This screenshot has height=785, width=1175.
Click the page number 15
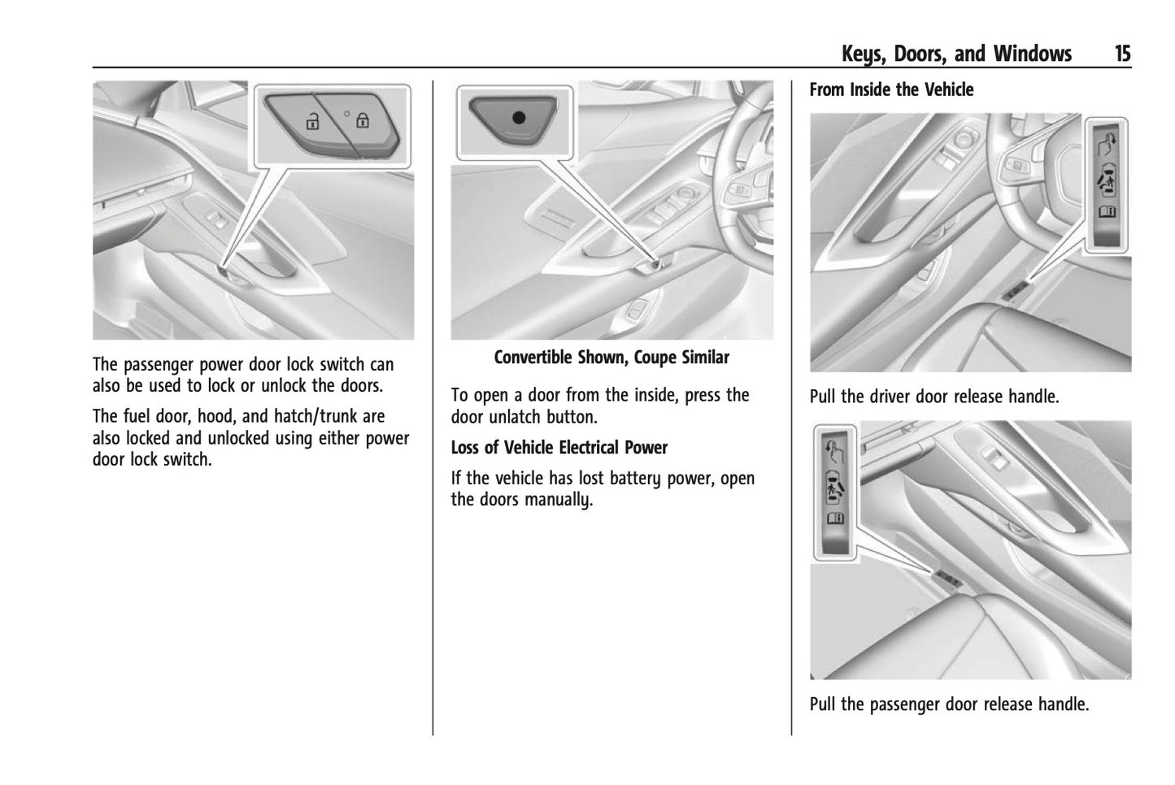tap(1121, 54)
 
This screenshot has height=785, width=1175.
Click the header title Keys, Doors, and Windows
tap(956, 54)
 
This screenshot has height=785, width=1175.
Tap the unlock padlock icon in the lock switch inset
tap(311, 122)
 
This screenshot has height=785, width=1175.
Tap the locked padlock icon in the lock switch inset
tap(362, 121)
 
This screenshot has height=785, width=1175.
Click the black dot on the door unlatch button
tap(518, 117)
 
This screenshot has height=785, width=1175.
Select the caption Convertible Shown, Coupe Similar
tap(611, 358)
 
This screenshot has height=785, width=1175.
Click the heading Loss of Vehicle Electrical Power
tap(559, 448)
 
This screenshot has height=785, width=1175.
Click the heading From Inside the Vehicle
tap(891, 89)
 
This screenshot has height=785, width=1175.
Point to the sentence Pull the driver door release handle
tap(934, 397)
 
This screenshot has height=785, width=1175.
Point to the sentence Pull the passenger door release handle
tap(948, 705)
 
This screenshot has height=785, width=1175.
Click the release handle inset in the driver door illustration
tap(1108, 183)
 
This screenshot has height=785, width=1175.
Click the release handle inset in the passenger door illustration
tap(834, 492)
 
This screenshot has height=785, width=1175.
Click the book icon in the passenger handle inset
tap(834, 518)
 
